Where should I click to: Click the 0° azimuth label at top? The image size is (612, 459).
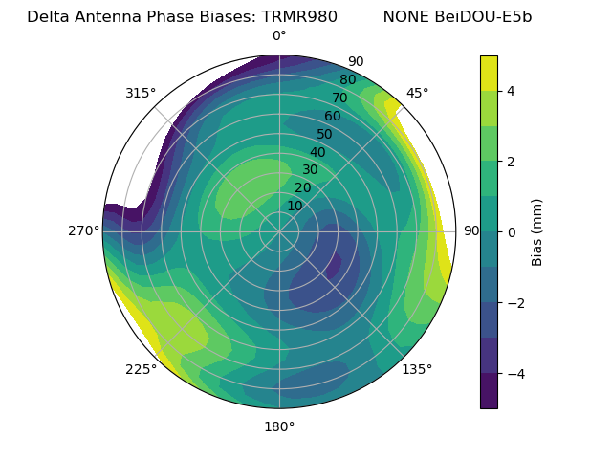(x=279, y=36)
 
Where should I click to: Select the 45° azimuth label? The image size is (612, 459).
(x=417, y=93)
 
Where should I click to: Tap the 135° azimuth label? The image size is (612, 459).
(x=417, y=369)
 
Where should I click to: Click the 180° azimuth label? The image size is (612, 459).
(x=279, y=426)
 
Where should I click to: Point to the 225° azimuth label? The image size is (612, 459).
(x=141, y=370)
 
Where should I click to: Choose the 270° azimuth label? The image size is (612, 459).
(x=83, y=230)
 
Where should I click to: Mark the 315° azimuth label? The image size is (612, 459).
(x=141, y=93)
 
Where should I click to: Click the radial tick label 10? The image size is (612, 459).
(x=295, y=206)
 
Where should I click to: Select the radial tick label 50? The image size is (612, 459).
(x=325, y=134)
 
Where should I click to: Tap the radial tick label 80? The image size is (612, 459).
(x=347, y=79)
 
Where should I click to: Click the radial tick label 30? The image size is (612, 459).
(x=310, y=170)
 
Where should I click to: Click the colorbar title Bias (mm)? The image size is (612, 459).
(x=537, y=231)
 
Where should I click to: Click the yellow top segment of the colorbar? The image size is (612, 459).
(x=489, y=73)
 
